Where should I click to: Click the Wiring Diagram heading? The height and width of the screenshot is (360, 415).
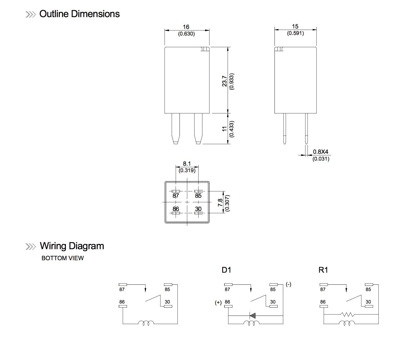pyautogui.click(x=72, y=246)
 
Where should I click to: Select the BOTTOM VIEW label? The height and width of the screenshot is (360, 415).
pyautogui.click(x=62, y=258)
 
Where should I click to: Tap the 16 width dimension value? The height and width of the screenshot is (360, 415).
pyautogui.click(x=186, y=27)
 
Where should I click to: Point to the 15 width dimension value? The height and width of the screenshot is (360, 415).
pyautogui.click(x=295, y=26)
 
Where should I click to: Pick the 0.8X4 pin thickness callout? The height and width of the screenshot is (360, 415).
pyautogui.click(x=321, y=152)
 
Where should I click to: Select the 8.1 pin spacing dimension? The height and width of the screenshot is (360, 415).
pyautogui.click(x=187, y=164)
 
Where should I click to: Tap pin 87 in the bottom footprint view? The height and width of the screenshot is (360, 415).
pyautogui.click(x=176, y=195)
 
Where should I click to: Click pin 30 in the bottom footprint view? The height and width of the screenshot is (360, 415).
pyautogui.click(x=198, y=209)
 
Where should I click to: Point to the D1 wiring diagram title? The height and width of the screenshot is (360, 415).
pyautogui.click(x=226, y=270)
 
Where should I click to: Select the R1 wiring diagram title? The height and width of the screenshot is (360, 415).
pyautogui.click(x=323, y=270)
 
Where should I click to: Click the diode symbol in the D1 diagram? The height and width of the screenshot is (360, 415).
pyautogui.click(x=252, y=315)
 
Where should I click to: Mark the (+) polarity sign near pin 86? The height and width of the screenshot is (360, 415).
pyautogui.click(x=218, y=303)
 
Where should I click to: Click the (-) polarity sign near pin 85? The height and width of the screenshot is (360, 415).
pyautogui.click(x=288, y=284)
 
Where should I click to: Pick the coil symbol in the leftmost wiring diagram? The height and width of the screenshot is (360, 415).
pyautogui.click(x=146, y=323)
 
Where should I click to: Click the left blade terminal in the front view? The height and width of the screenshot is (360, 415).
pyautogui.click(x=176, y=129)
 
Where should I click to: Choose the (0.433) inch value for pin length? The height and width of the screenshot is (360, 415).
pyautogui.click(x=232, y=129)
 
